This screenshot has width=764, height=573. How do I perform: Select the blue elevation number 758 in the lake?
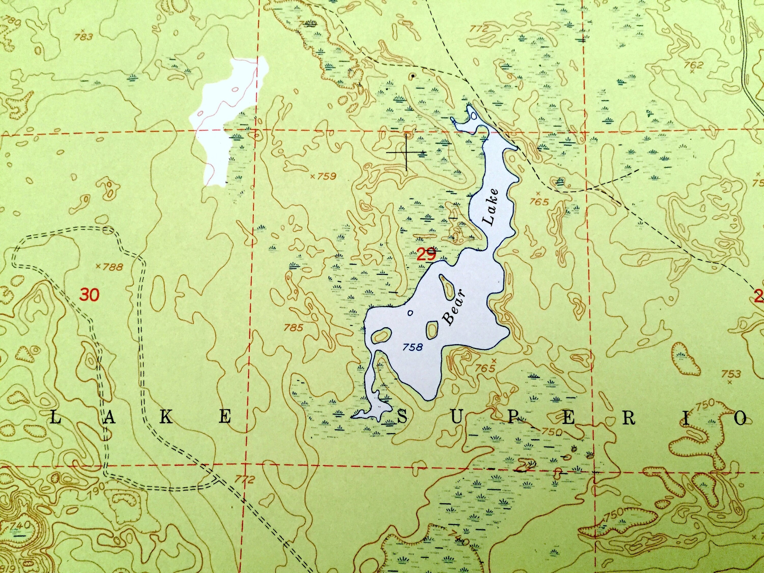pyautogui.click(x=413, y=347)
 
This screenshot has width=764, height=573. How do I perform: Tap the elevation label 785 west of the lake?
pyautogui.click(x=294, y=328)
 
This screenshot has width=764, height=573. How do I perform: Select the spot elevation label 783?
pyautogui.click(x=84, y=37)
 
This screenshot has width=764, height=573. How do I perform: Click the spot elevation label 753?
pyautogui.click(x=731, y=373)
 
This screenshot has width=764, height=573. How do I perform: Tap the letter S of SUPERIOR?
pyautogui.click(x=402, y=419)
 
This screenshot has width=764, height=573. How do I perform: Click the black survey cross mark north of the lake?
pyautogui.click(x=406, y=152)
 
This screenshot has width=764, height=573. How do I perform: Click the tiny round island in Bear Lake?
pyautogui.click(x=410, y=313)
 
